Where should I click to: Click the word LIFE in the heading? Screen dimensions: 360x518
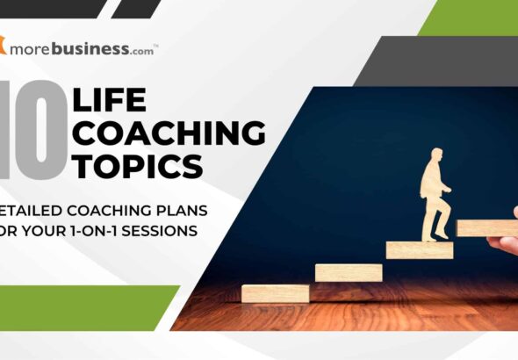[x=113, y=98]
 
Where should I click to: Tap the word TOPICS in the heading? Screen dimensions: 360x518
[x=138, y=164]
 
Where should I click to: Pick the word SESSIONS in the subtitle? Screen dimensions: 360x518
[x=186, y=230]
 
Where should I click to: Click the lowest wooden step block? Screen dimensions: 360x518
[x=276, y=292]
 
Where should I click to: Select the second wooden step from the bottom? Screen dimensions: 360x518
[x=349, y=272]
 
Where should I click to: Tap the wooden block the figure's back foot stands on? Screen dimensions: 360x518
[x=420, y=248]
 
